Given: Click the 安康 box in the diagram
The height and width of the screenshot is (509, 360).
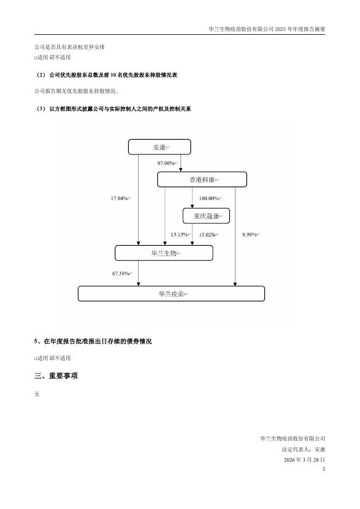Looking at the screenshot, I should click(159, 147).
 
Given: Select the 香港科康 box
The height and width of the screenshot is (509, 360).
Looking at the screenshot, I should click(202, 179).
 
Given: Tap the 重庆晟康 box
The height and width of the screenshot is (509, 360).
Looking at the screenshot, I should click(206, 216).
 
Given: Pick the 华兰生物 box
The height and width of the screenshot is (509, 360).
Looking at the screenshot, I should click(164, 253).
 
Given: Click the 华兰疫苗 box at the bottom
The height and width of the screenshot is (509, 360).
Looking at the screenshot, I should click(171, 294).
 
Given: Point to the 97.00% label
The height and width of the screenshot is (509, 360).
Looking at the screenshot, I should click(166, 163).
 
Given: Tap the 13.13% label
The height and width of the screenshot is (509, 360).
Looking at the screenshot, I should click(179, 234).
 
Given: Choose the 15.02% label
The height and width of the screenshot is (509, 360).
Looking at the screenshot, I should click(207, 234).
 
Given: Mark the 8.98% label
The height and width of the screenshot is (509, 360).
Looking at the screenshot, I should click(250, 234).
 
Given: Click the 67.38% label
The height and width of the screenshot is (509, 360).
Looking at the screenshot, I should click(121, 274).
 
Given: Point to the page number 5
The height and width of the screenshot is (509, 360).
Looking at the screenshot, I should click(324, 469).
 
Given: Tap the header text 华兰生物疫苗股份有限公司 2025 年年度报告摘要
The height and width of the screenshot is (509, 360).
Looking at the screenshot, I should click(266, 29).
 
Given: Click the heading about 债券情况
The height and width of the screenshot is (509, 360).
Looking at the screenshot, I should click(92, 342).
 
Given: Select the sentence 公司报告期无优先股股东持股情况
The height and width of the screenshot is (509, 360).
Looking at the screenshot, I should click(76, 91).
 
